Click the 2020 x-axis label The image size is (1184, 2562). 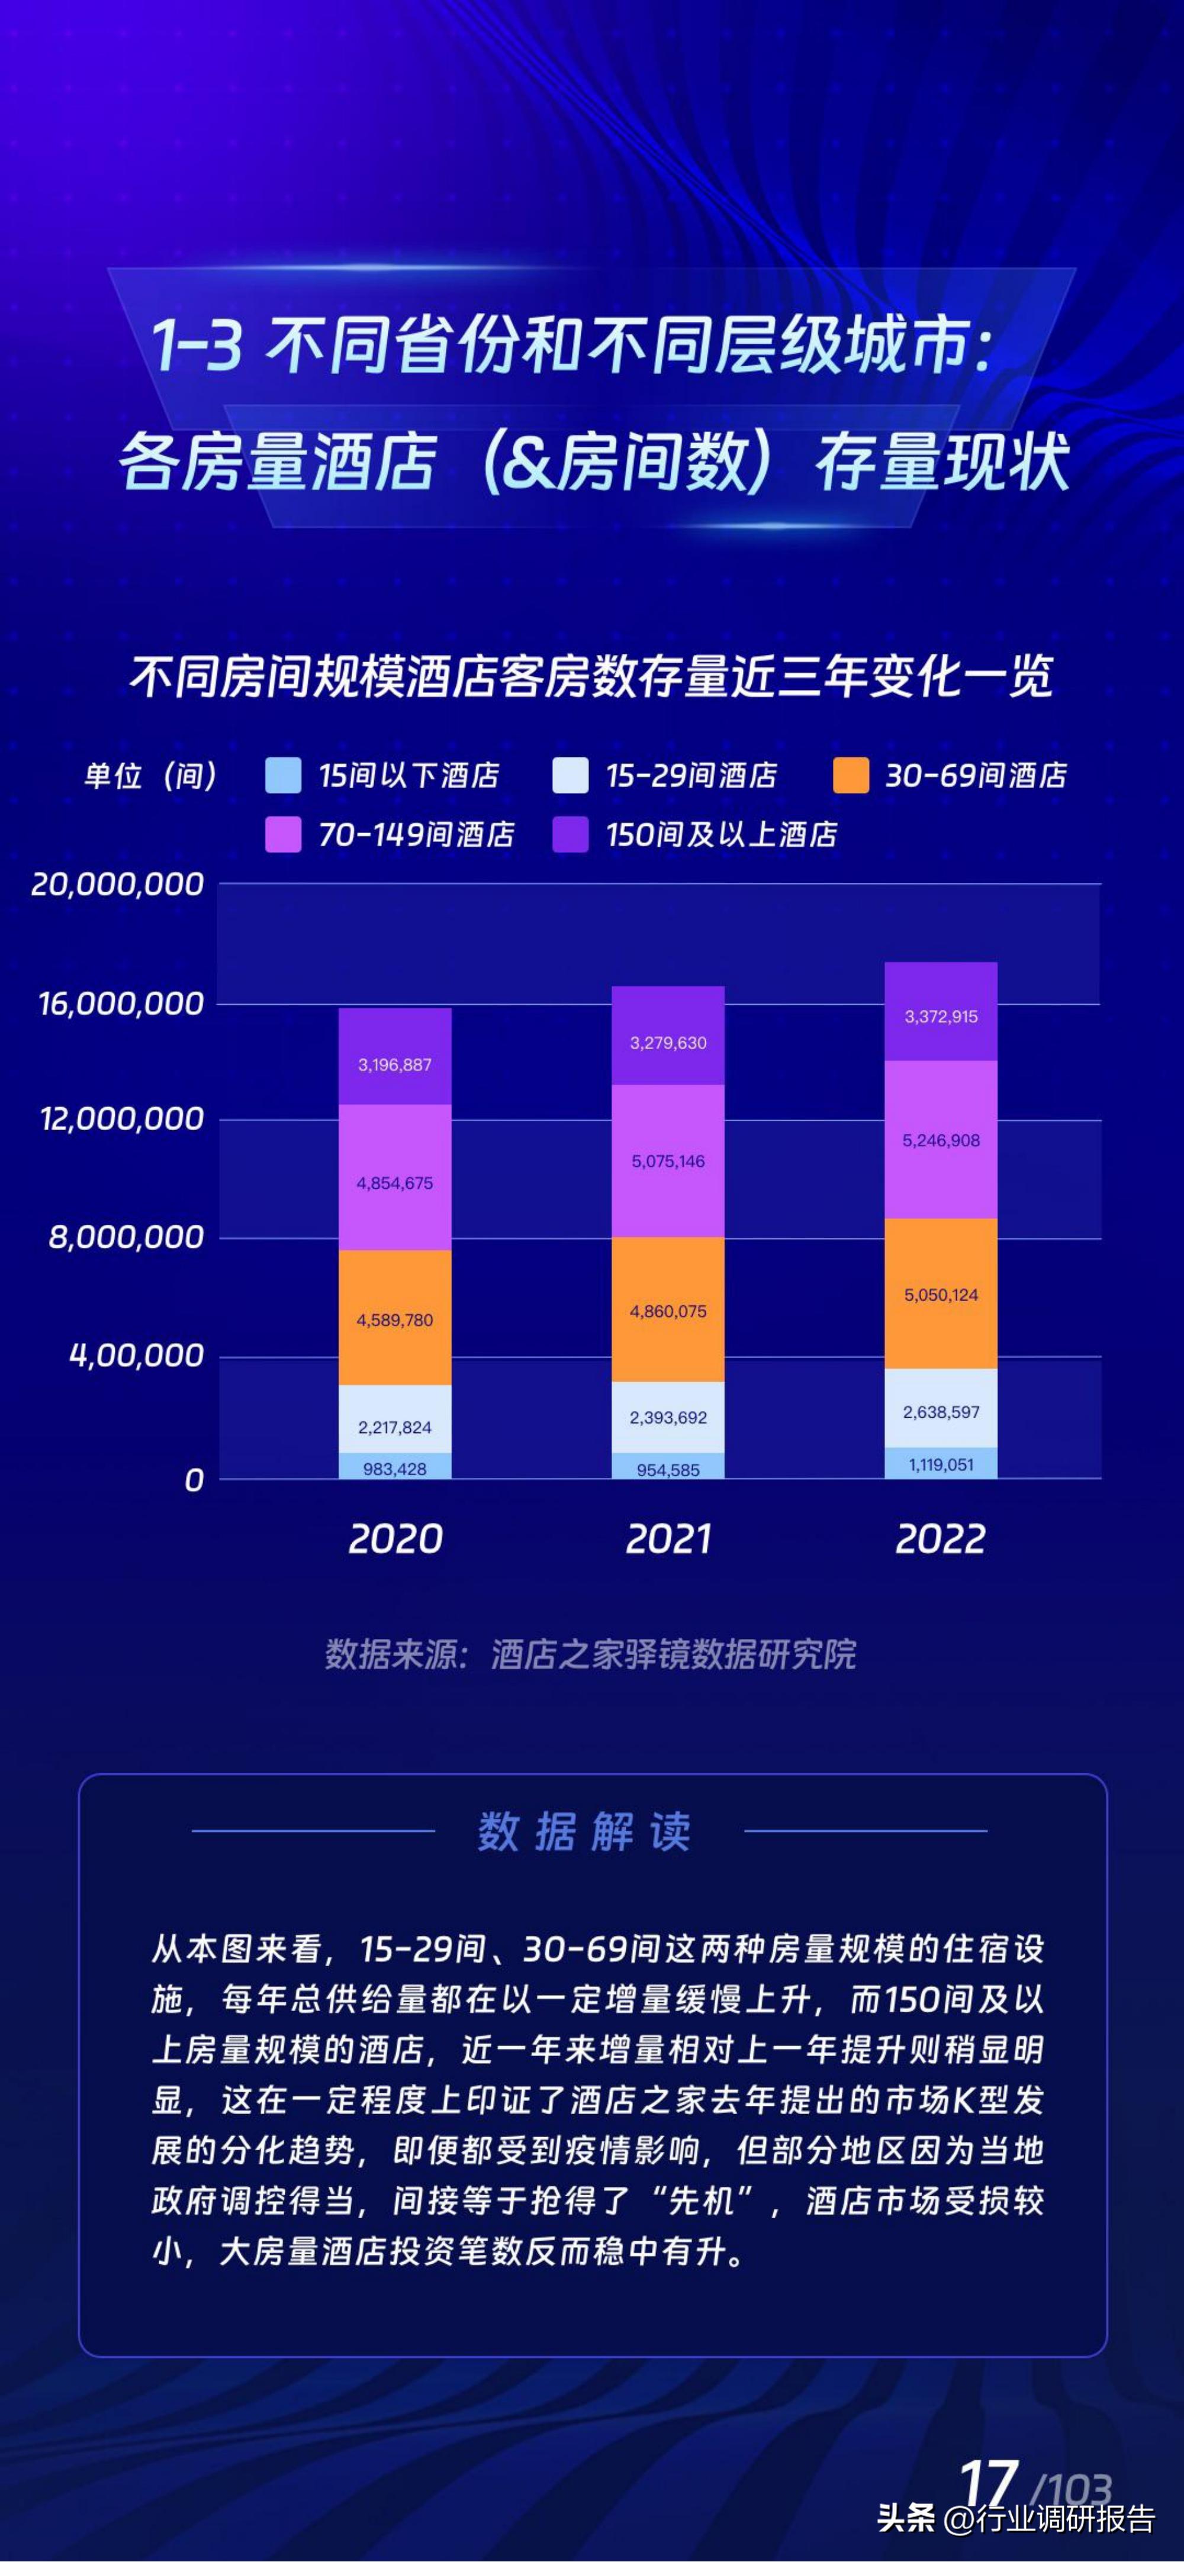pos(395,1538)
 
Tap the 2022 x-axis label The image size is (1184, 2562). pos(940,1538)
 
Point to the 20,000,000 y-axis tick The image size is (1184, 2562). pos(117,884)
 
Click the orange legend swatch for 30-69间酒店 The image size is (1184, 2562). pos(851,776)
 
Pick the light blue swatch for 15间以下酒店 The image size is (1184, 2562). pos(284,776)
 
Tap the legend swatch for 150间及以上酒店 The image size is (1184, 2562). pos(570,834)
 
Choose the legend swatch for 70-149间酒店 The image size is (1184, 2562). pos(284,834)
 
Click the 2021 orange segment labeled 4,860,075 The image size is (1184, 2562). pos(668,1311)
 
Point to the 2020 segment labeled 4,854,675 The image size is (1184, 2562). pos(395,1183)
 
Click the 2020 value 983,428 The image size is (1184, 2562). pos(395,1468)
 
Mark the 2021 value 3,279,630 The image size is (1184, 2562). pos(668,1043)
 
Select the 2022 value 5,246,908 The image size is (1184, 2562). pos(940,1140)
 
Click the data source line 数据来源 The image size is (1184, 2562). pos(590,1654)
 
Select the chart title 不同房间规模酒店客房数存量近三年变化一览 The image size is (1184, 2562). pos(591,677)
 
